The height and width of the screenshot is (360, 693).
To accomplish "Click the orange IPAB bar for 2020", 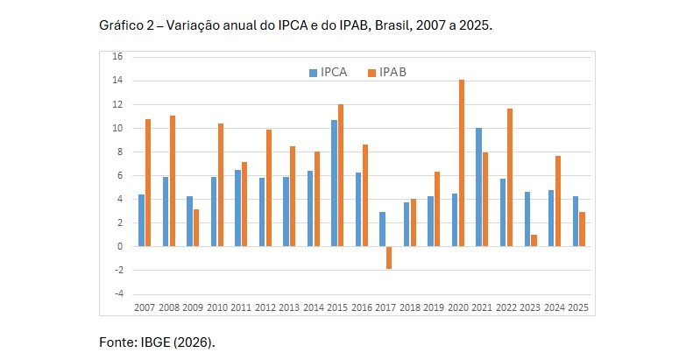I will click(462, 163).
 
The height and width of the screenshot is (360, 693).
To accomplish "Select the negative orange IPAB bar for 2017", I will click(389, 258).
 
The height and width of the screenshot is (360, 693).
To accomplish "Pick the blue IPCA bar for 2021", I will click(478, 187).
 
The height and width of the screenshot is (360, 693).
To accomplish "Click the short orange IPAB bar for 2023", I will click(534, 241).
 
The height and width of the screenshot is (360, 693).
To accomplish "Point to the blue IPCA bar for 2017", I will click(382, 229).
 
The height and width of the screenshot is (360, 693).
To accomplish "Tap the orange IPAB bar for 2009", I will click(196, 228).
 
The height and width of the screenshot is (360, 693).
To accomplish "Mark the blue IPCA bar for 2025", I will click(575, 222).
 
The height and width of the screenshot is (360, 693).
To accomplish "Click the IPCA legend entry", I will click(328, 72).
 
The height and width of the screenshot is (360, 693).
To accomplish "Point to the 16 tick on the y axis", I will click(117, 57).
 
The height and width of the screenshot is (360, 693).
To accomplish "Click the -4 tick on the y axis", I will click(117, 294).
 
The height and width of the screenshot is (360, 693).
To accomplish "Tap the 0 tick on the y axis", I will click(119, 247).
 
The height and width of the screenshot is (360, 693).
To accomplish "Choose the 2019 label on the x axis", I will click(433, 307).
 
